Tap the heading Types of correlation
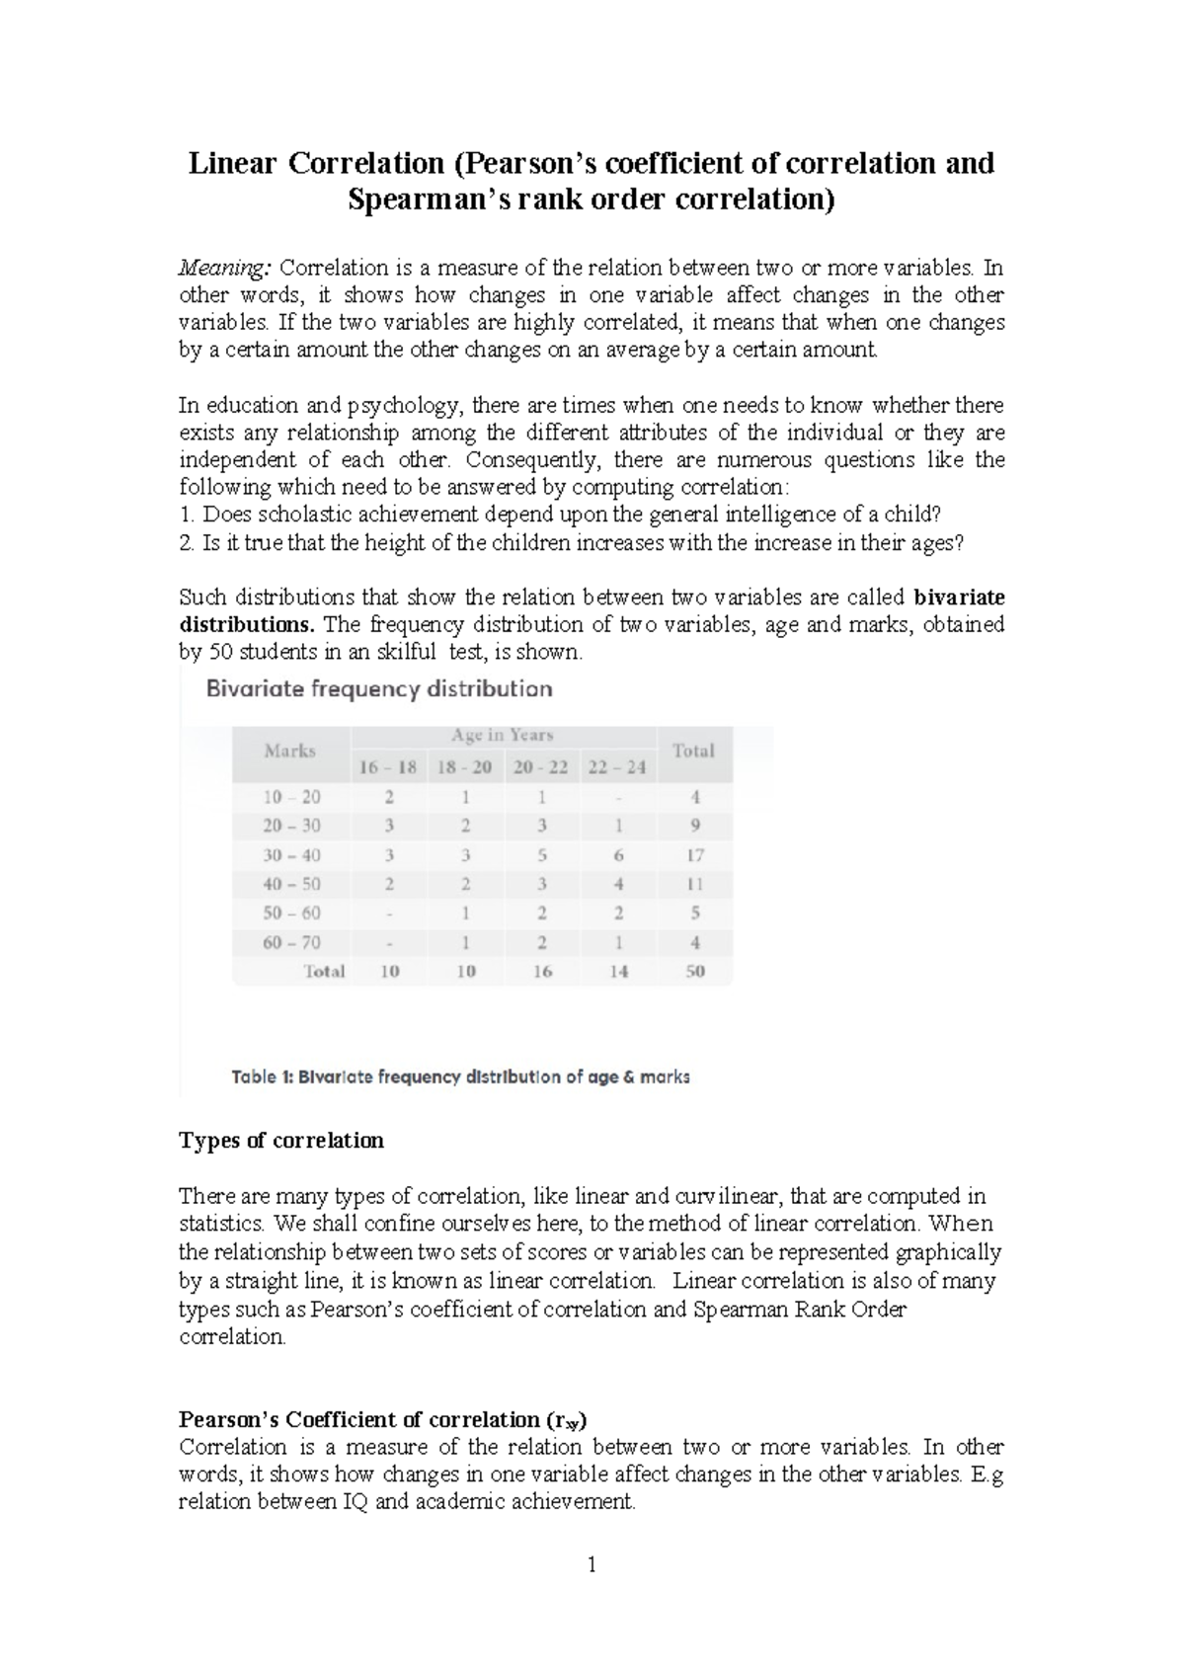[280, 1141]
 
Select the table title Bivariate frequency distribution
[378, 688]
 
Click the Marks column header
[289, 751]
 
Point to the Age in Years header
[502, 735]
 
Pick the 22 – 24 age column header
[616, 767]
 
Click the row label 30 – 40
[291, 855]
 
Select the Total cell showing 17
[694, 855]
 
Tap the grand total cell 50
[694, 971]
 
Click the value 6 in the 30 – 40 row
[618, 855]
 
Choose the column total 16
[541, 971]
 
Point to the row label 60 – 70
[291, 942]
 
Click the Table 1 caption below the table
[460, 1077]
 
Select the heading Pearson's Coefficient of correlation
[382, 1420]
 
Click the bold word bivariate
[959, 598]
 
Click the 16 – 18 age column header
[388, 767]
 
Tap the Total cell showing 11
[694, 884]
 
